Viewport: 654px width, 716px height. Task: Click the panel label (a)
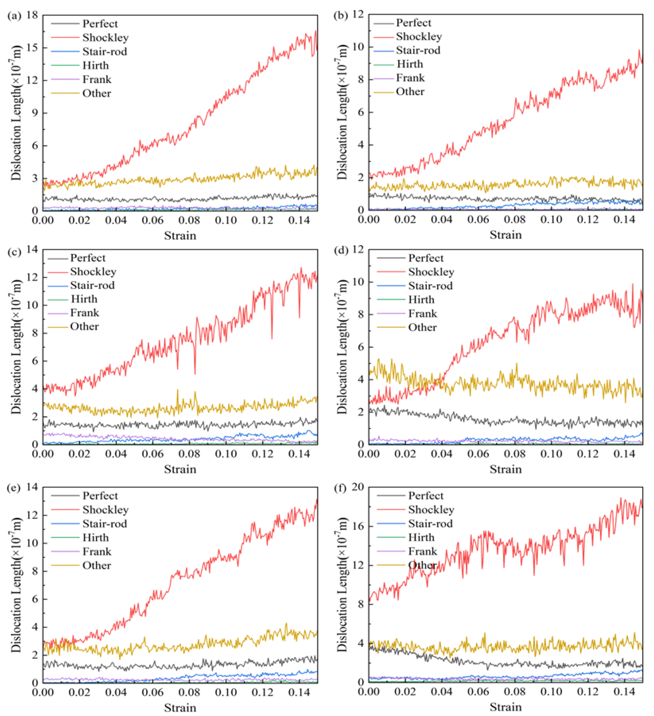[14, 16]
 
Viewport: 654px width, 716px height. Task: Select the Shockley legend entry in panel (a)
[105, 38]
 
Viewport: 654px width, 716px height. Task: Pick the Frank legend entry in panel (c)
[85, 313]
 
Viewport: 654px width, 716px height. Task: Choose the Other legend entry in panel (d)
[422, 328]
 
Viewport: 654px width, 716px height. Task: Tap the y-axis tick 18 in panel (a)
[32, 15]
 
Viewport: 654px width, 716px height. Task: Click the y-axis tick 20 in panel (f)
[358, 487]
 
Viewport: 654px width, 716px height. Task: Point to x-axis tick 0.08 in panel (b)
[515, 219]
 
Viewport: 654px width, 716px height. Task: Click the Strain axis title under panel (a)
[180, 236]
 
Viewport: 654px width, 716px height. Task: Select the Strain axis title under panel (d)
[505, 470]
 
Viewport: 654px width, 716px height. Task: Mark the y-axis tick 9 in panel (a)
[34, 113]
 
